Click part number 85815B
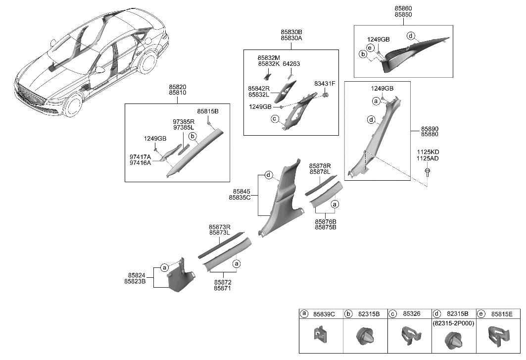(x=208, y=111)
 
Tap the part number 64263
(x=291, y=64)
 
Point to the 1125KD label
(x=428, y=152)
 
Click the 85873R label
(x=220, y=226)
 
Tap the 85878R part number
(x=320, y=166)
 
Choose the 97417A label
(x=140, y=156)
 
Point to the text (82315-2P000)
(x=454, y=322)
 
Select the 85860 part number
(x=403, y=9)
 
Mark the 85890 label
(x=429, y=128)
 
